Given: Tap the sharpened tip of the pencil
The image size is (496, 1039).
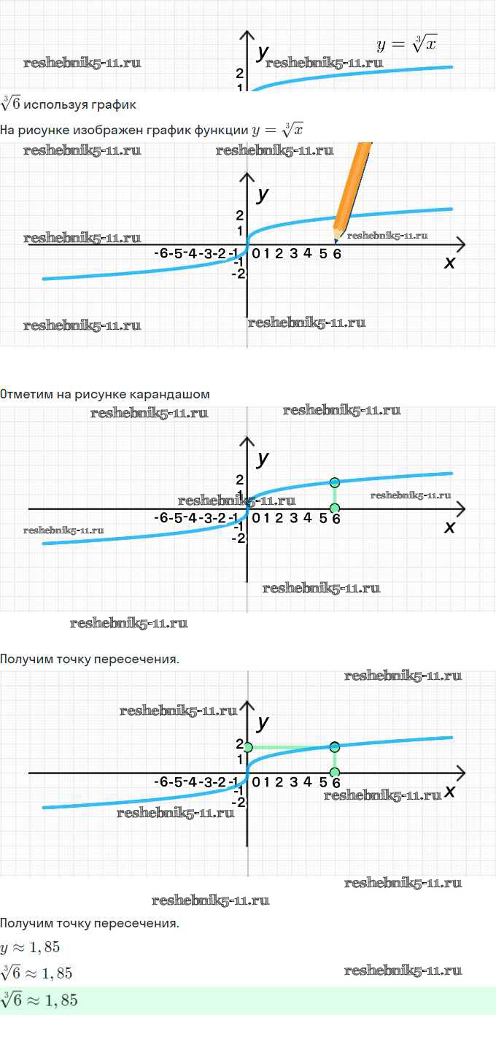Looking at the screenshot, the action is pos(336,242).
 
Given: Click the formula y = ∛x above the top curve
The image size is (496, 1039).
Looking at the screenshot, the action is pos(406,44).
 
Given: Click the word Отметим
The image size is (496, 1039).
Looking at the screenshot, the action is pos(27,394).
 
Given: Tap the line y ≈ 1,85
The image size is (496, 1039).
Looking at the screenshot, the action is pos(30,947).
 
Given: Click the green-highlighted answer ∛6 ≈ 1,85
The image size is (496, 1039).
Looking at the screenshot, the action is pos(39,1000).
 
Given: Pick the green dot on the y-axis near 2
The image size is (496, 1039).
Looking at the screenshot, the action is pos(248,747).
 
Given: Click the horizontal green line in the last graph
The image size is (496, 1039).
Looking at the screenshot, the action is pos(291,747).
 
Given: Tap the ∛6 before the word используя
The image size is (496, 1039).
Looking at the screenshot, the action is pos(10,103).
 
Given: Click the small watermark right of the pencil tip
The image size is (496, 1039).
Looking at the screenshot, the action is pos(387,236).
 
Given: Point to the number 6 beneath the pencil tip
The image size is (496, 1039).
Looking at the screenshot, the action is pos(337,254).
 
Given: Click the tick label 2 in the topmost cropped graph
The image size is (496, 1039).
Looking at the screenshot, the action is pos(239,73).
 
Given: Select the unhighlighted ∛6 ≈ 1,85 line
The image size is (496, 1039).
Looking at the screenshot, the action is pos(36,973).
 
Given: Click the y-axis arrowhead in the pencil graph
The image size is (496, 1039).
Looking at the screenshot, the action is pos(247,177).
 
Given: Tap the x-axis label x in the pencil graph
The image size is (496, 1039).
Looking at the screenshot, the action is pos(449,263).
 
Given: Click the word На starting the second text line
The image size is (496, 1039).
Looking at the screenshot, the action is pos(7,131).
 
